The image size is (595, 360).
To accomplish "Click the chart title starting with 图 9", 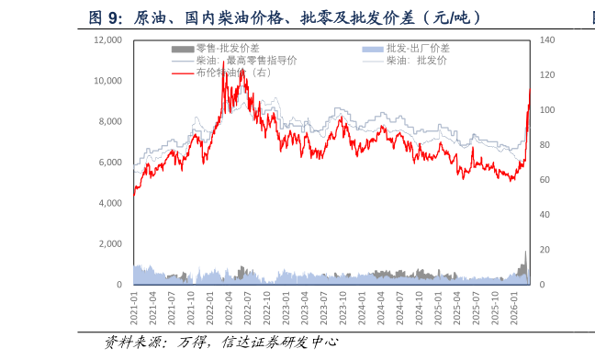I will (285, 17).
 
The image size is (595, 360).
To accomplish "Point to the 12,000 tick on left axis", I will (107, 40).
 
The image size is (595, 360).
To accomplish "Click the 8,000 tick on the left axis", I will (110, 122).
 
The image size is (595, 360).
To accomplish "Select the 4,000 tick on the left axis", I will (110, 203).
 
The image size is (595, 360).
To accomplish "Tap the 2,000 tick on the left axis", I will (110, 244).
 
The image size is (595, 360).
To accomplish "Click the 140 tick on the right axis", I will (547, 40).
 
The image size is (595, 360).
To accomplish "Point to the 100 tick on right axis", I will (547, 110).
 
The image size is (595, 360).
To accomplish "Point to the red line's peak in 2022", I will (224, 64).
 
